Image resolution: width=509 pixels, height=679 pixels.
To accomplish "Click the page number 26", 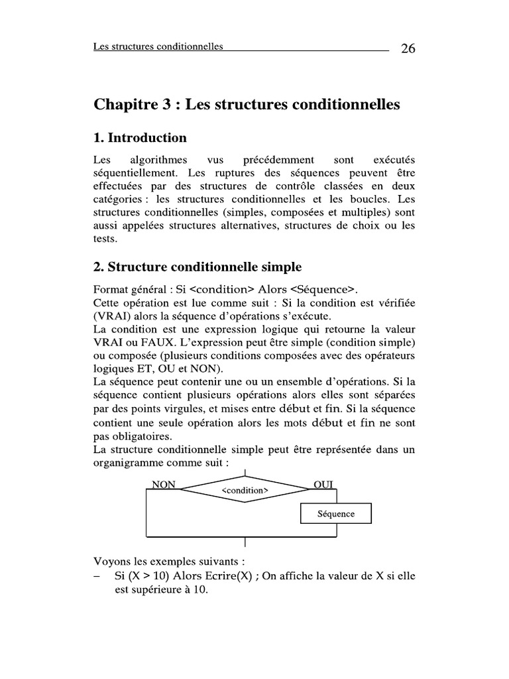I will pos(408,48).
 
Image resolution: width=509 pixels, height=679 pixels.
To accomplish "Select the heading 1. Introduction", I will pos(140,138).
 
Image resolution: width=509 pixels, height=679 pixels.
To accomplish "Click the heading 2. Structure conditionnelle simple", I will pos(198,267).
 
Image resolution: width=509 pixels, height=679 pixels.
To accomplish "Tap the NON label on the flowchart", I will pos(164,485).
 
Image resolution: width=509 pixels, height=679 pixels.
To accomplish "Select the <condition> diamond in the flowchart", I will pos(245,491).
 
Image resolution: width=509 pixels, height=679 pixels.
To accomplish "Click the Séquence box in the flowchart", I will pos(336,513).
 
